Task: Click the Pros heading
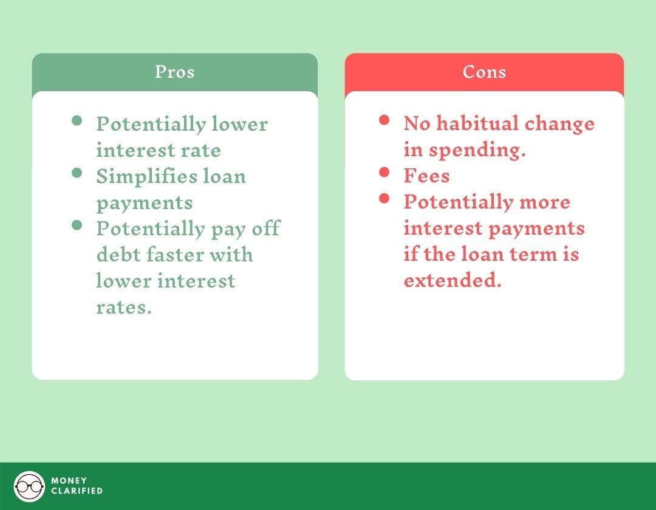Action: click(x=174, y=72)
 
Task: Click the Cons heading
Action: click(x=484, y=72)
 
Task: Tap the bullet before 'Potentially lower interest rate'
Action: click(x=77, y=120)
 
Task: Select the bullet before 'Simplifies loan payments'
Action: click(x=77, y=173)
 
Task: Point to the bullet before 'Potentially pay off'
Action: click(x=77, y=225)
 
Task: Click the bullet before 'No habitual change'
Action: click(x=384, y=120)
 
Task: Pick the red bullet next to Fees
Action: click(x=384, y=172)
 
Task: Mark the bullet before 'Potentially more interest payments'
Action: click(x=384, y=198)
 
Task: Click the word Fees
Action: click(x=426, y=176)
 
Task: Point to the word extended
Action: click(x=452, y=281)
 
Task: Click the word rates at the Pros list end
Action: click(x=123, y=308)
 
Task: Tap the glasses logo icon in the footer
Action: click(x=29, y=486)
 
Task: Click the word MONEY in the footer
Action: click(x=69, y=481)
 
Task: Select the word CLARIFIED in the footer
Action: click(x=77, y=491)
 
